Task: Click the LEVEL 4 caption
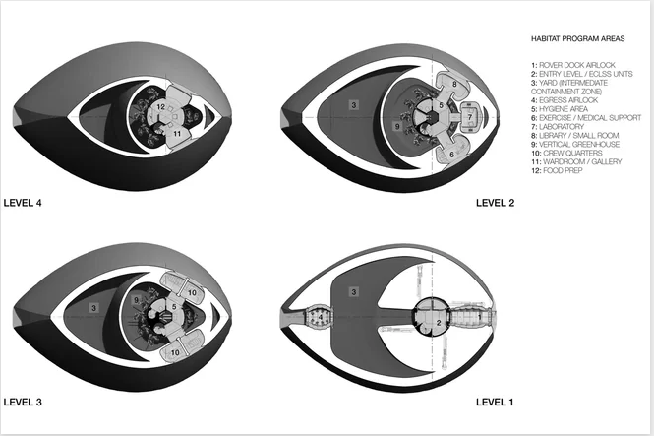pyautogui.click(x=23, y=203)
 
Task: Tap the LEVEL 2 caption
pyautogui.click(x=495, y=203)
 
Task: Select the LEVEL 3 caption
pyautogui.click(x=23, y=403)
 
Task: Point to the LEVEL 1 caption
pyautogui.click(x=495, y=403)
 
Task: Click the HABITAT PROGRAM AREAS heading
pyautogui.click(x=577, y=38)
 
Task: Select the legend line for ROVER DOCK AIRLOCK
pyautogui.click(x=573, y=65)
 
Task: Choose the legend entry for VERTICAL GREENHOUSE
pyautogui.click(x=575, y=144)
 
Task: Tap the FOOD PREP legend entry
pyautogui.click(x=557, y=170)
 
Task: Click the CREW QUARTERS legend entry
pyautogui.click(x=566, y=154)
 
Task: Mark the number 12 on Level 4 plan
pyautogui.click(x=161, y=107)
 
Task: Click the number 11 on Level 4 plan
pyautogui.click(x=177, y=134)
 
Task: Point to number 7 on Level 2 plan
pyautogui.click(x=470, y=117)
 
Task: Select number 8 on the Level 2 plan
pyautogui.click(x=454, y=84)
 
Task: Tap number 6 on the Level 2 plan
pyautogui.click(x=451, y=155)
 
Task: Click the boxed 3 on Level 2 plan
pyautogui.click(x=354, y=105)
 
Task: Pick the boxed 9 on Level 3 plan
pyautogui.click(x=136, y=300)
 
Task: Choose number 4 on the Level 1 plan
pyautogui.click(x=321, y=317)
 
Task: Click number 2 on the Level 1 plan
pyautogui.click(x=439, y=322)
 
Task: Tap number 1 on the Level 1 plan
pyautogui.click(x=479, y=317)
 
